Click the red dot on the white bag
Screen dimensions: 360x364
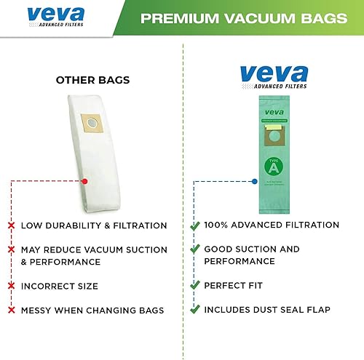click(x=85, y=180)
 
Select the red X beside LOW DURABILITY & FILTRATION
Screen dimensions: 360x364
click(x=12, y=225)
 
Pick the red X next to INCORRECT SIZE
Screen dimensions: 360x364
click(x=12, y=286)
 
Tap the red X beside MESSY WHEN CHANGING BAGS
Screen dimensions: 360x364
click(x=12, y=311)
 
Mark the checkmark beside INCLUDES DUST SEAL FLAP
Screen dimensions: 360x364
click(x=194, y=309)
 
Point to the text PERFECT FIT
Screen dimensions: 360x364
click(x=233, y=285)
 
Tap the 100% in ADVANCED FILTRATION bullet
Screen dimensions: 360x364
click(x=218, y=225)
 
